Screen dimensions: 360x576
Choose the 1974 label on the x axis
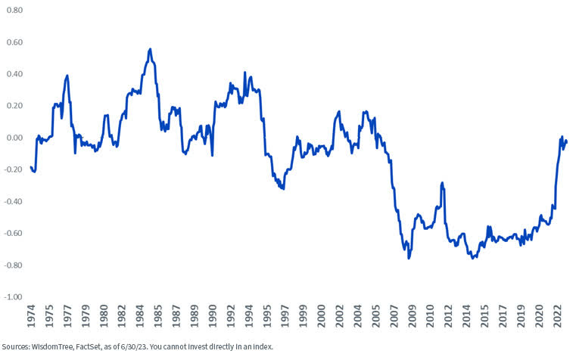coord(32,317)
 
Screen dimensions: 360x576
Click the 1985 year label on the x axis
coord(156,317)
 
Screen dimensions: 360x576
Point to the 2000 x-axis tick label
coord(322,317)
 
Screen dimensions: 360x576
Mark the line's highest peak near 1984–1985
coord(150,49)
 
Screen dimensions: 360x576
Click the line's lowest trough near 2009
coord(409,258)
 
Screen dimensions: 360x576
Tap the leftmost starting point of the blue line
coord(31,167)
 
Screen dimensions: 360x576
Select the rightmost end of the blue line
coord(566,141)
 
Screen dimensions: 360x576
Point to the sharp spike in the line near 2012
coord(442,182)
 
